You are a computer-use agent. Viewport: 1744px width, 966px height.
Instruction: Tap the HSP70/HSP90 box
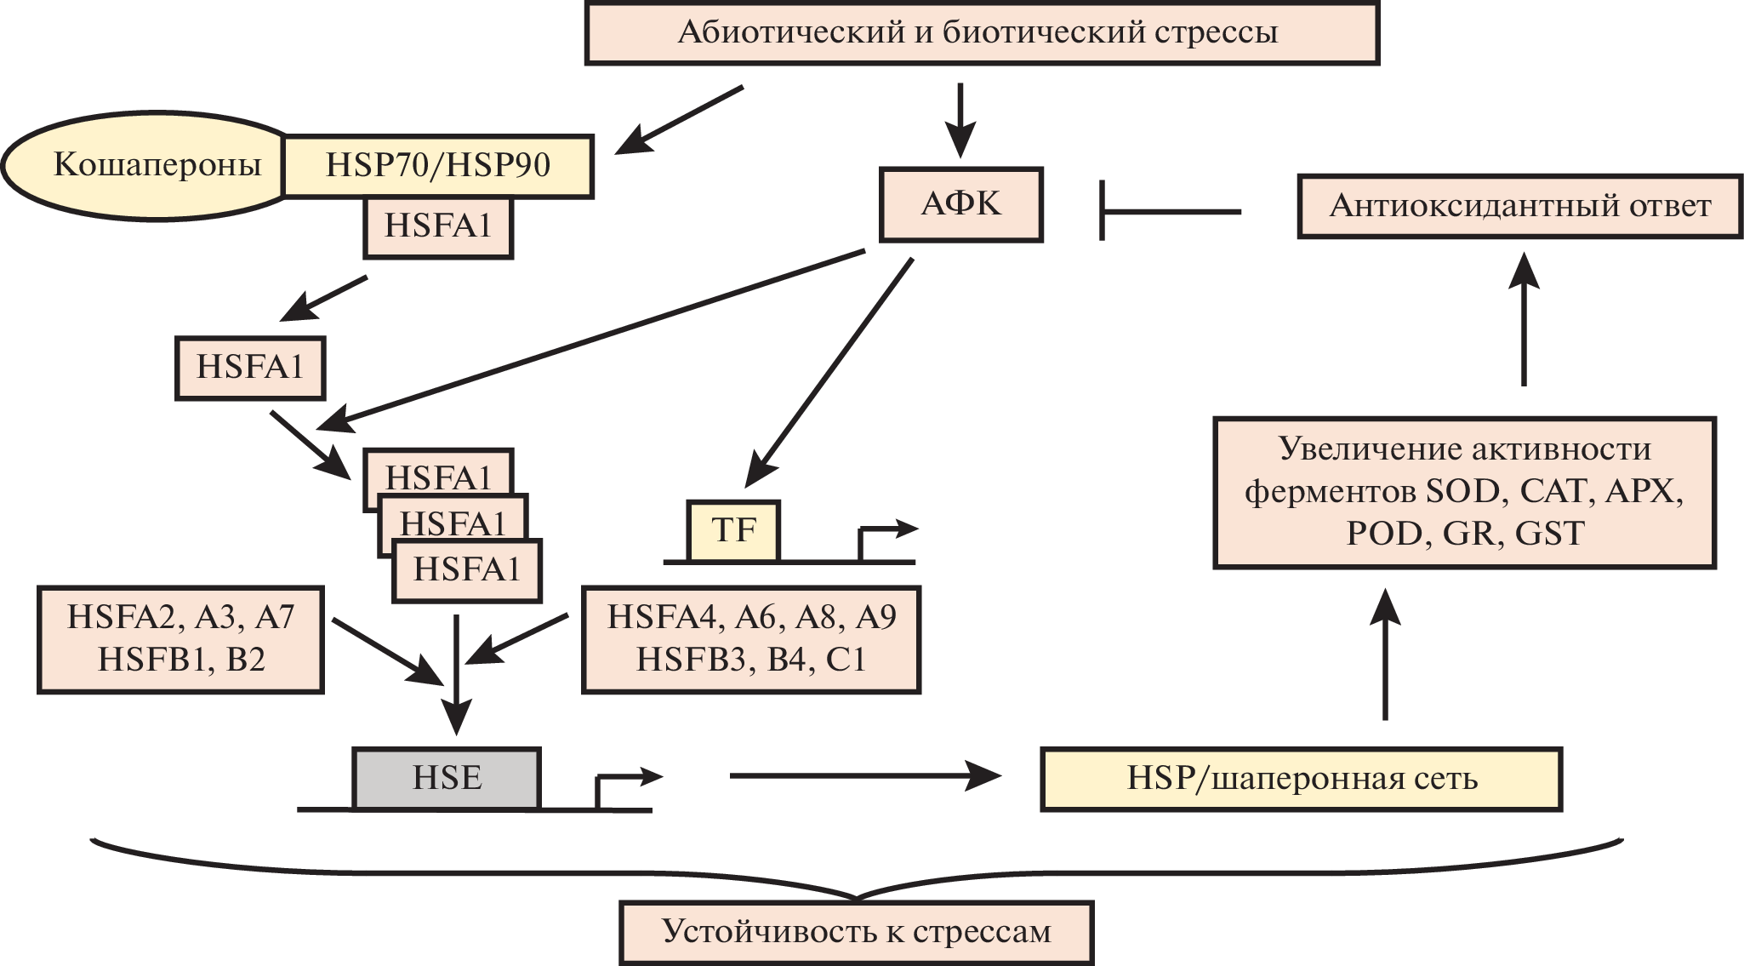(x=437, y=165)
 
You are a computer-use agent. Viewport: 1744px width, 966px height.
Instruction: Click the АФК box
(x=960, y=204)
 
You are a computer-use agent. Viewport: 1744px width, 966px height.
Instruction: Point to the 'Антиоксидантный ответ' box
(x=1519, y=206)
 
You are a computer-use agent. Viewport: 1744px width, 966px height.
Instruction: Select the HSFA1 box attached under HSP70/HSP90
(x=438, y=227)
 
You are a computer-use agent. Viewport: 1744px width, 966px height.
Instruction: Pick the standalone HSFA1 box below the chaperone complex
(x=250, y=368)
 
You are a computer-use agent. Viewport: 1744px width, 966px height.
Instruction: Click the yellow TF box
(x=733, y=531)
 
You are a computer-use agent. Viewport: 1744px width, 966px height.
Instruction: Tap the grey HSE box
(x=447, y=778)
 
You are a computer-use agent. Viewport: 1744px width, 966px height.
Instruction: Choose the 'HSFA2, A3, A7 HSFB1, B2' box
(x=180, y=639)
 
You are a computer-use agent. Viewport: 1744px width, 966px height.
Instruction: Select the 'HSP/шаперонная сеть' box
(x=1301, y=779)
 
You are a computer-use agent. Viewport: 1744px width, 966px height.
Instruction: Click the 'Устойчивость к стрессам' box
(x=856, y=932)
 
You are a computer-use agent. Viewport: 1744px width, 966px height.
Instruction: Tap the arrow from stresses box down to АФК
(x=960, y=119)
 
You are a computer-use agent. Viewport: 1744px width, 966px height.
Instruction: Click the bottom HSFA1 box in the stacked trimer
(x=467, y=570)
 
